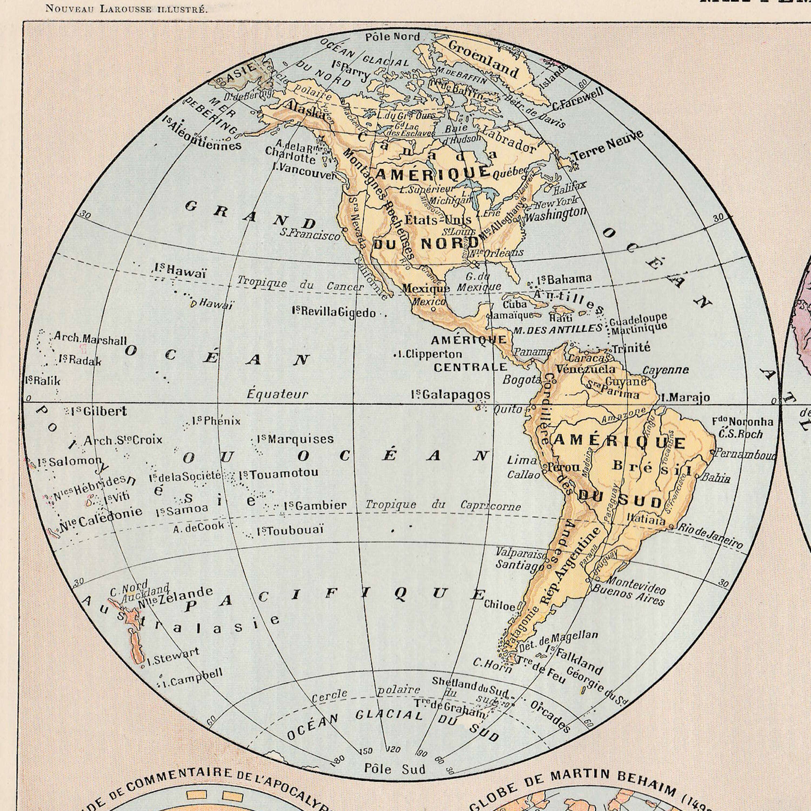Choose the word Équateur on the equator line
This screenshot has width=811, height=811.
(277, 394)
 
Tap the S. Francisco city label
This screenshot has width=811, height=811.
(310, 234)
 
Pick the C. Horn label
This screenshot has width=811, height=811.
(491, 664)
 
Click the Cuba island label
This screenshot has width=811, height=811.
(514, 304)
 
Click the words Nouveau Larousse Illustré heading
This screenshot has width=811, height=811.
(126, 9)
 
